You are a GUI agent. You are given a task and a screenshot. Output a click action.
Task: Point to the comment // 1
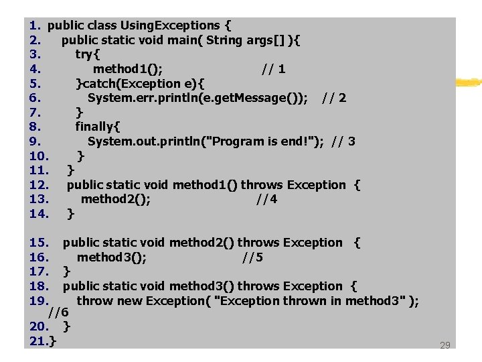pos(274,69)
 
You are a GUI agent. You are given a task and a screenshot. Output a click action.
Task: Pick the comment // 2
pos(334,98)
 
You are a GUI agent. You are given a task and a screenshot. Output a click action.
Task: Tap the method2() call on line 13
pos(115,199)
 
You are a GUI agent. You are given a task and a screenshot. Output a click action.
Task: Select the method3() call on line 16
pos(112,257)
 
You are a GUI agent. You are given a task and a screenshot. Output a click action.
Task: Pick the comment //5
pos(252,257)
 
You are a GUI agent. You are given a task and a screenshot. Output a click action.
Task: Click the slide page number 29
pos(445,346)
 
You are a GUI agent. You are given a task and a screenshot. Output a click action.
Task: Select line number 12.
pos(39,184)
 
